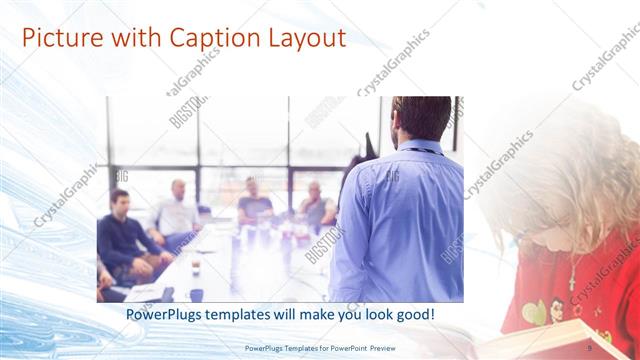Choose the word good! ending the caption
point(412,314)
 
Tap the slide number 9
point(589,348)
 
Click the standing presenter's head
point(419,118)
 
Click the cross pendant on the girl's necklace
point(572,272)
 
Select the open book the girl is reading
point(560,338)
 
